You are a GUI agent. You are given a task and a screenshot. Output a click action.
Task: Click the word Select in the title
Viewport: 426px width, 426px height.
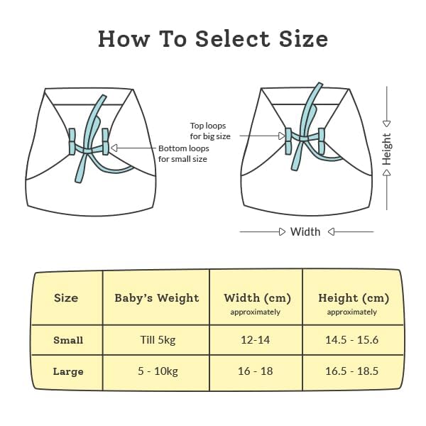pos(233,39)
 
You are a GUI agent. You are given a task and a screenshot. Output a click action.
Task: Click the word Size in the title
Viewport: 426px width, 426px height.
pos(303,39)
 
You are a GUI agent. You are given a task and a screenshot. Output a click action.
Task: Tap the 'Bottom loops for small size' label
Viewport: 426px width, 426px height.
pos(184,153)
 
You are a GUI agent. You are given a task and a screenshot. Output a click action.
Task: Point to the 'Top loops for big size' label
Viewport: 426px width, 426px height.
pos(210,131)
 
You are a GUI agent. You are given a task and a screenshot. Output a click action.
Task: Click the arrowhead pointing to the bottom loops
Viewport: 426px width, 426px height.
pos(114,148)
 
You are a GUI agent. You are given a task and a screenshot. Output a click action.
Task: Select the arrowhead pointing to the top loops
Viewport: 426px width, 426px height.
pos(283,136)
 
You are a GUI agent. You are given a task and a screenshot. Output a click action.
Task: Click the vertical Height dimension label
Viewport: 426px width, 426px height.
pos(387,149)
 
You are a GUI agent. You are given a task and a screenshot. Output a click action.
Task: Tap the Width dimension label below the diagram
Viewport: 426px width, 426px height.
pos(305,231)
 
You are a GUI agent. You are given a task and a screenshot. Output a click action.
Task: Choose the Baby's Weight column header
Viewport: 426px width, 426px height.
pos(157,298)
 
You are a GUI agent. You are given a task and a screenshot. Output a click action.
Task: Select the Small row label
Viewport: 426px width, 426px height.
pos(68,340)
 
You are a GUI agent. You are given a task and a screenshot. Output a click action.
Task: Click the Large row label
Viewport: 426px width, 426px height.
pos(68,371)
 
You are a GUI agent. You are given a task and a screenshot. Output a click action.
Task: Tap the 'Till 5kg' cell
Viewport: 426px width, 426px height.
pos(158,340)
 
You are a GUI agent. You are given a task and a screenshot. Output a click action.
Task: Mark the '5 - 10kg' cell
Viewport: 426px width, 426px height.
pos(158,371)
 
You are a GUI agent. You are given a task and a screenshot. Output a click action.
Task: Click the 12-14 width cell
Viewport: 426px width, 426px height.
pos(256,340)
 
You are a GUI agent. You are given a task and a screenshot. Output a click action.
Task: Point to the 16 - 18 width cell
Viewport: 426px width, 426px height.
pos(256,371)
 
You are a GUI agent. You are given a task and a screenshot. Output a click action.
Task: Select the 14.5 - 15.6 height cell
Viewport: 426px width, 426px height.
pos(352,340)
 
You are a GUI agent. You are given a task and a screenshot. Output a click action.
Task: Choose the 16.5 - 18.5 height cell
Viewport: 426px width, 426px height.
pos(352,371)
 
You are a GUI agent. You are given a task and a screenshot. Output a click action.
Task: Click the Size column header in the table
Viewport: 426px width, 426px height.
pos(66,298)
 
